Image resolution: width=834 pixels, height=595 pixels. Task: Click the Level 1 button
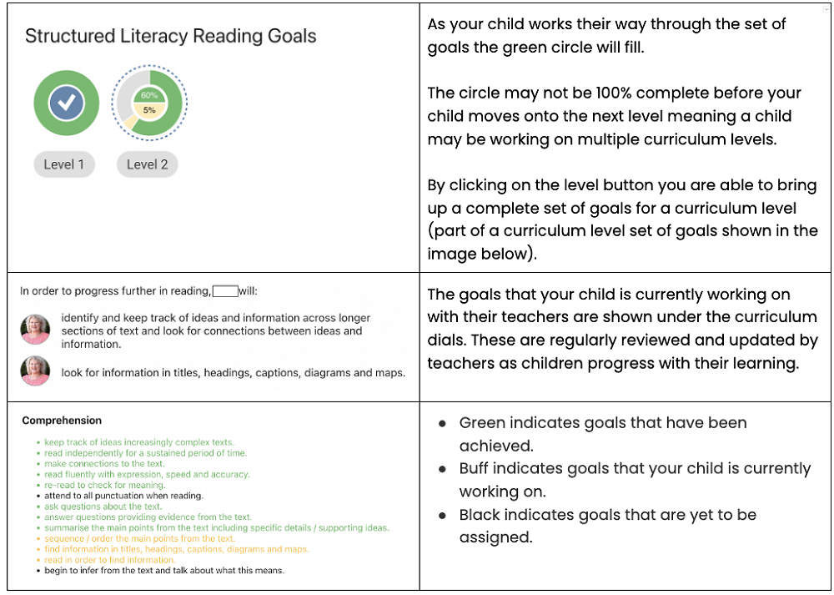(64, 164)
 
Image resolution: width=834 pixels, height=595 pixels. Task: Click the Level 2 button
(148, 164)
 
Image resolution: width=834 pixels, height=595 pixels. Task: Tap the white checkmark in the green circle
(65, 103)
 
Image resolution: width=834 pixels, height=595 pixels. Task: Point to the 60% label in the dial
(149, 95)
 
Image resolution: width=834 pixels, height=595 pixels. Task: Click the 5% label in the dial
(149, 109)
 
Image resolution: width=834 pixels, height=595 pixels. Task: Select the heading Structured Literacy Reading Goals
(170, 36)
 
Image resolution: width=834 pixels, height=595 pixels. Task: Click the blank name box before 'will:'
(225, 291)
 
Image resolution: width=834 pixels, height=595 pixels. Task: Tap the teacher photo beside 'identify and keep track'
(35, 330)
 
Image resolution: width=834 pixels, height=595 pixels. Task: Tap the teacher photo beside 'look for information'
(35, 371)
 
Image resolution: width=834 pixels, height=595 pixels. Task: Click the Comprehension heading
(62, 421)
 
